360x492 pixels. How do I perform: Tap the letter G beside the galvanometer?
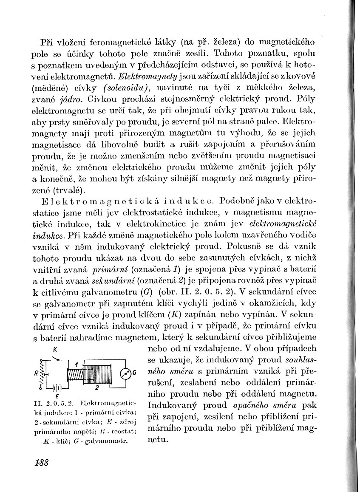[x=134, y=373]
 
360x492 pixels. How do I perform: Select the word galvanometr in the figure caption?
[x=107, y=441]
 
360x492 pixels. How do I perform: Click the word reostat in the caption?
[x=124, y=432]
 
